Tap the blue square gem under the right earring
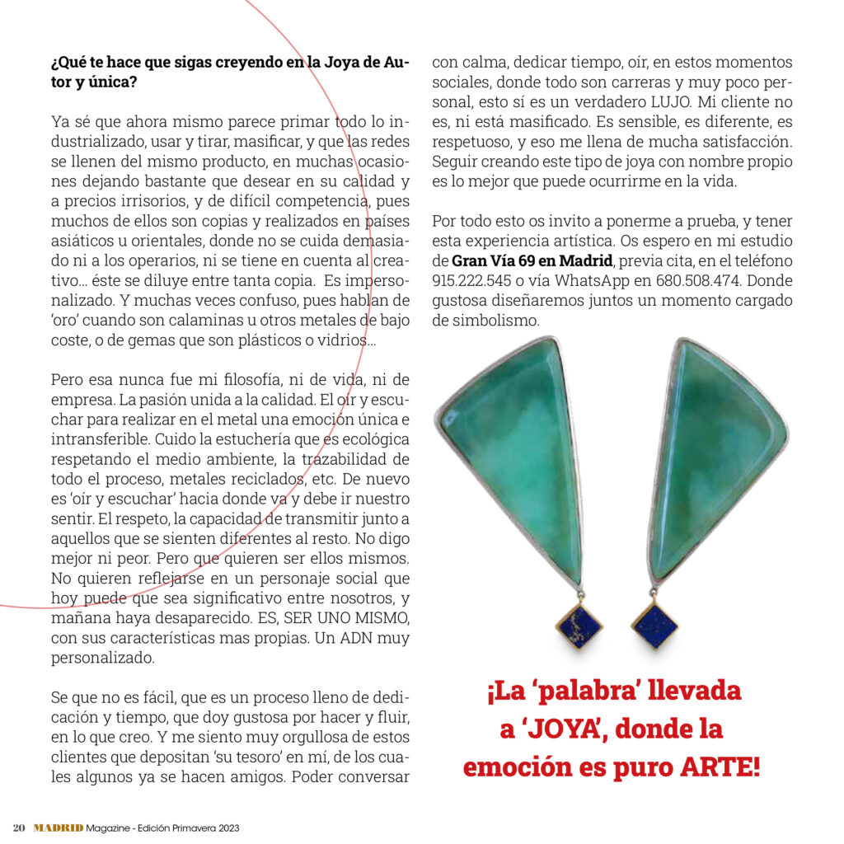[654, 626]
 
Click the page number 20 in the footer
[20, 828]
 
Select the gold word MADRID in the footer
[58, 828]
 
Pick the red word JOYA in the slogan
[572, 729]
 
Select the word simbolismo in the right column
[485, 321]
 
